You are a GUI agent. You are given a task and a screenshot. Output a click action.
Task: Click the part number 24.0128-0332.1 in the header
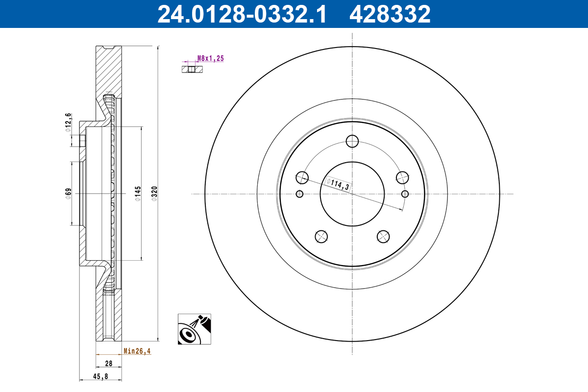pyautogui.click(x=242, y=14)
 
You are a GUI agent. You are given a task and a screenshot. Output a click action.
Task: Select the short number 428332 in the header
pyautogui.click(x=390, y=14)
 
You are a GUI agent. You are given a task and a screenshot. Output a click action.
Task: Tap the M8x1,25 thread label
pyautogui.click(x=210, y=58)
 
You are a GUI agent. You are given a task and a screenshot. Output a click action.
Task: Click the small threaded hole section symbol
pyautogui.click(x=192, y=69)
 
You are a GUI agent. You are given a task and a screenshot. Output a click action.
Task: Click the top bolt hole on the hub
pyautogui.click(x=352, y=142)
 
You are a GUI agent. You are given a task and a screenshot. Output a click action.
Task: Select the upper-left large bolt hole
pyautogui.click(x=302, y=177)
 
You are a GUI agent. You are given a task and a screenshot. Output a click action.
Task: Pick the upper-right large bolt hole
pyautogui.click(x=402, y=177)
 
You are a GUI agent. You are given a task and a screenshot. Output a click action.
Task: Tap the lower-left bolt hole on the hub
pyautogui.click(x=321, y=236)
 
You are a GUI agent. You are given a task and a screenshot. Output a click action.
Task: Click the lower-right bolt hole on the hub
pyautogui.click(x=383, y=236)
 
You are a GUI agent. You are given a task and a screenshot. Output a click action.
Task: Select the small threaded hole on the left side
pyautogui.click(x=300, y=194)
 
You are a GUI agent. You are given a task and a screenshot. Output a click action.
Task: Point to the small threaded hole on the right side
pyautogui.click(x=405, y=194)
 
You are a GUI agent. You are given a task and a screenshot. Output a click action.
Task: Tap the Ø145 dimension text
pyautogui.click(x=138, y=193)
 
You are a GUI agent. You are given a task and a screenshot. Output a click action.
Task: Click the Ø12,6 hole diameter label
pyautogui.click(x=69, y=122)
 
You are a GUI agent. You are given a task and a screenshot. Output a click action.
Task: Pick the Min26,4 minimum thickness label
pyautogui.click(x=137, y=351)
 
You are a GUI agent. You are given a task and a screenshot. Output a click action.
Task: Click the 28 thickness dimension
pyautogui.click(x=109, y=364)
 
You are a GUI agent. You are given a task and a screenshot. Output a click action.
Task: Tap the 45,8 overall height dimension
pyautogui.click(x=100, y=376)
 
